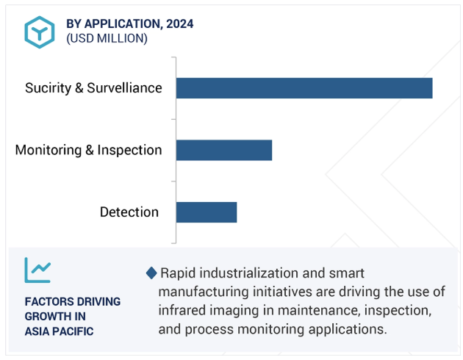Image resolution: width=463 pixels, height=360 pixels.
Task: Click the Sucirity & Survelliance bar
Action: point(304,88)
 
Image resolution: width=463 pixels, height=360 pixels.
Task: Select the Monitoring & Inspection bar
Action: point(224,150)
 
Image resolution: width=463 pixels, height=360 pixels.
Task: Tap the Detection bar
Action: point(207,212)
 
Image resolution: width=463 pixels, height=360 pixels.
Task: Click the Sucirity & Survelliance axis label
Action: point(93,88)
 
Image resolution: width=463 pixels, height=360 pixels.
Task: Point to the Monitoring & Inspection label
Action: point(89,150)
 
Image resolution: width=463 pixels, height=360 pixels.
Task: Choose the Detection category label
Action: point(129,212)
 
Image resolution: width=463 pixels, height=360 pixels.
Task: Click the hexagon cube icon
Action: point(39,32)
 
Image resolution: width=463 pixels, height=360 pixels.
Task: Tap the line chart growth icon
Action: point(37,270)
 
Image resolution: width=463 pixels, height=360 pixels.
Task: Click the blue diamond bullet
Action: point(151,273)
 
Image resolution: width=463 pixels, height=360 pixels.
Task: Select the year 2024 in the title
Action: point(180,24)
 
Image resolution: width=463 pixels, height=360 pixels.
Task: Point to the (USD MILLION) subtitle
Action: point(107,38)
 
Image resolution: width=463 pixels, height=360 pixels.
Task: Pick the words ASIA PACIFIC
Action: point(59,331)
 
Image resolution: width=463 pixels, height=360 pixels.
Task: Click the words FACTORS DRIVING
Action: point(73,301)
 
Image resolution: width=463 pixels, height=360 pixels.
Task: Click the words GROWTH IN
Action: point(55,317)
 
